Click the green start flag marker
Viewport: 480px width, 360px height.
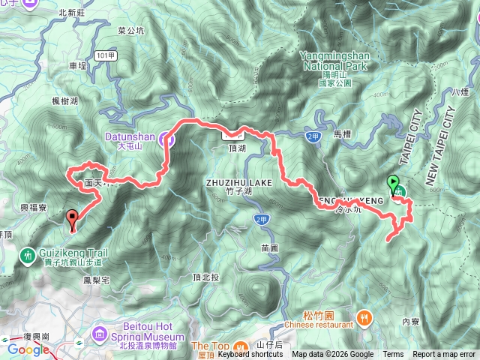point(393,182)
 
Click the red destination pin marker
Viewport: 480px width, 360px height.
point(73,218)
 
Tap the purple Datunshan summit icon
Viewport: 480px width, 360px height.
point(169,139)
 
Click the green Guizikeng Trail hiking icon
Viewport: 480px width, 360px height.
point(28,256)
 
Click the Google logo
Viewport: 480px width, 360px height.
point(28,349)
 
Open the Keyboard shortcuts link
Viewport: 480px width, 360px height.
point(250,355)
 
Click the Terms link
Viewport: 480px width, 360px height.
point(393,355)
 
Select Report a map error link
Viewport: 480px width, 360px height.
point(444,355)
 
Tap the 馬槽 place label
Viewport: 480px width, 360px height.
point(342,133)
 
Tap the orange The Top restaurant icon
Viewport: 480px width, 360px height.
point(239,346)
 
